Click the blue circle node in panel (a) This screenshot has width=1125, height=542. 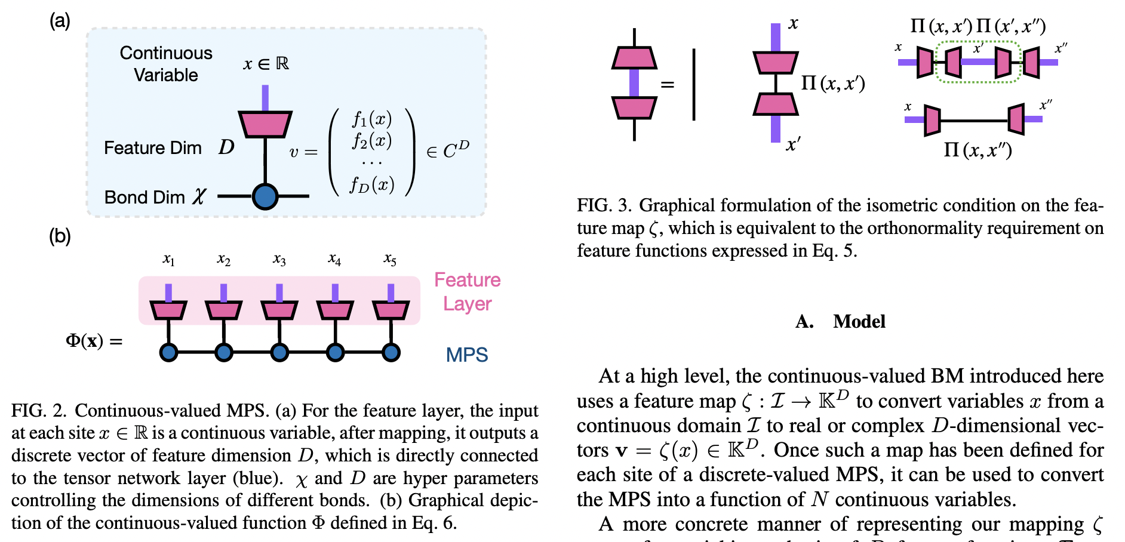click(265, 196)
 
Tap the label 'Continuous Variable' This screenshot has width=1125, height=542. click(166, 64)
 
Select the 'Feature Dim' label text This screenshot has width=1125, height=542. click(153, 147)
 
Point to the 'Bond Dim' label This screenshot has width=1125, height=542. click(145, 197)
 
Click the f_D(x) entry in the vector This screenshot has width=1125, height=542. click(372, 185)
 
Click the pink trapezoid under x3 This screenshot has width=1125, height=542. click(279, 310)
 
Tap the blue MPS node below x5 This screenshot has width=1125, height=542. click(391, 352)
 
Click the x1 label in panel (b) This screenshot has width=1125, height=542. click(168, 259)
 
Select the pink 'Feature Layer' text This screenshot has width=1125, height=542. click(467, 291)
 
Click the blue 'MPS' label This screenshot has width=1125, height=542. click(467, 355)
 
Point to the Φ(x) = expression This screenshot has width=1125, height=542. click(94, 341)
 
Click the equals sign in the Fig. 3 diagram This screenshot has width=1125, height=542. click(668, 85)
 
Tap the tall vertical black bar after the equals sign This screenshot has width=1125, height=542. click(694, 85)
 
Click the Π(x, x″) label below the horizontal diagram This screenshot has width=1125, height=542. click(978, 149)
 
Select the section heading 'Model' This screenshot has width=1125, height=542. click(859, 321)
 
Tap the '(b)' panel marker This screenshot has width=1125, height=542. click(60, 236)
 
